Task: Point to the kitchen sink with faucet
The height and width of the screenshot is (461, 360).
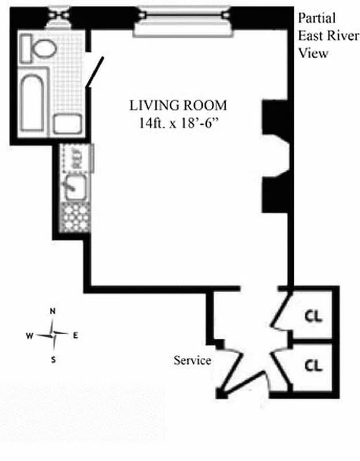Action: click(x=73, y=188)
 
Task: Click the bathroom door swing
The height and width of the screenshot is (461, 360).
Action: click(x=95, y=72)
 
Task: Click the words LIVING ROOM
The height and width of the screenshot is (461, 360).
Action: click(x=178, y=106)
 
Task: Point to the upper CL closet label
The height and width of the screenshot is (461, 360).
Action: click(x=313, y=316)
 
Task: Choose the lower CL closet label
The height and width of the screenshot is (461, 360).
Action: click(x=313, y=365)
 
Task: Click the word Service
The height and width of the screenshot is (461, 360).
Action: click(x=192, y=361)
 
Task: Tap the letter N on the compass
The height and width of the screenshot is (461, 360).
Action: click(x=53, y=312)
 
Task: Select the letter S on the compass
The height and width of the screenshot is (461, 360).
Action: click(x=54, y=360)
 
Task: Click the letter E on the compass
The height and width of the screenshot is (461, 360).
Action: click(x=75, y=335)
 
